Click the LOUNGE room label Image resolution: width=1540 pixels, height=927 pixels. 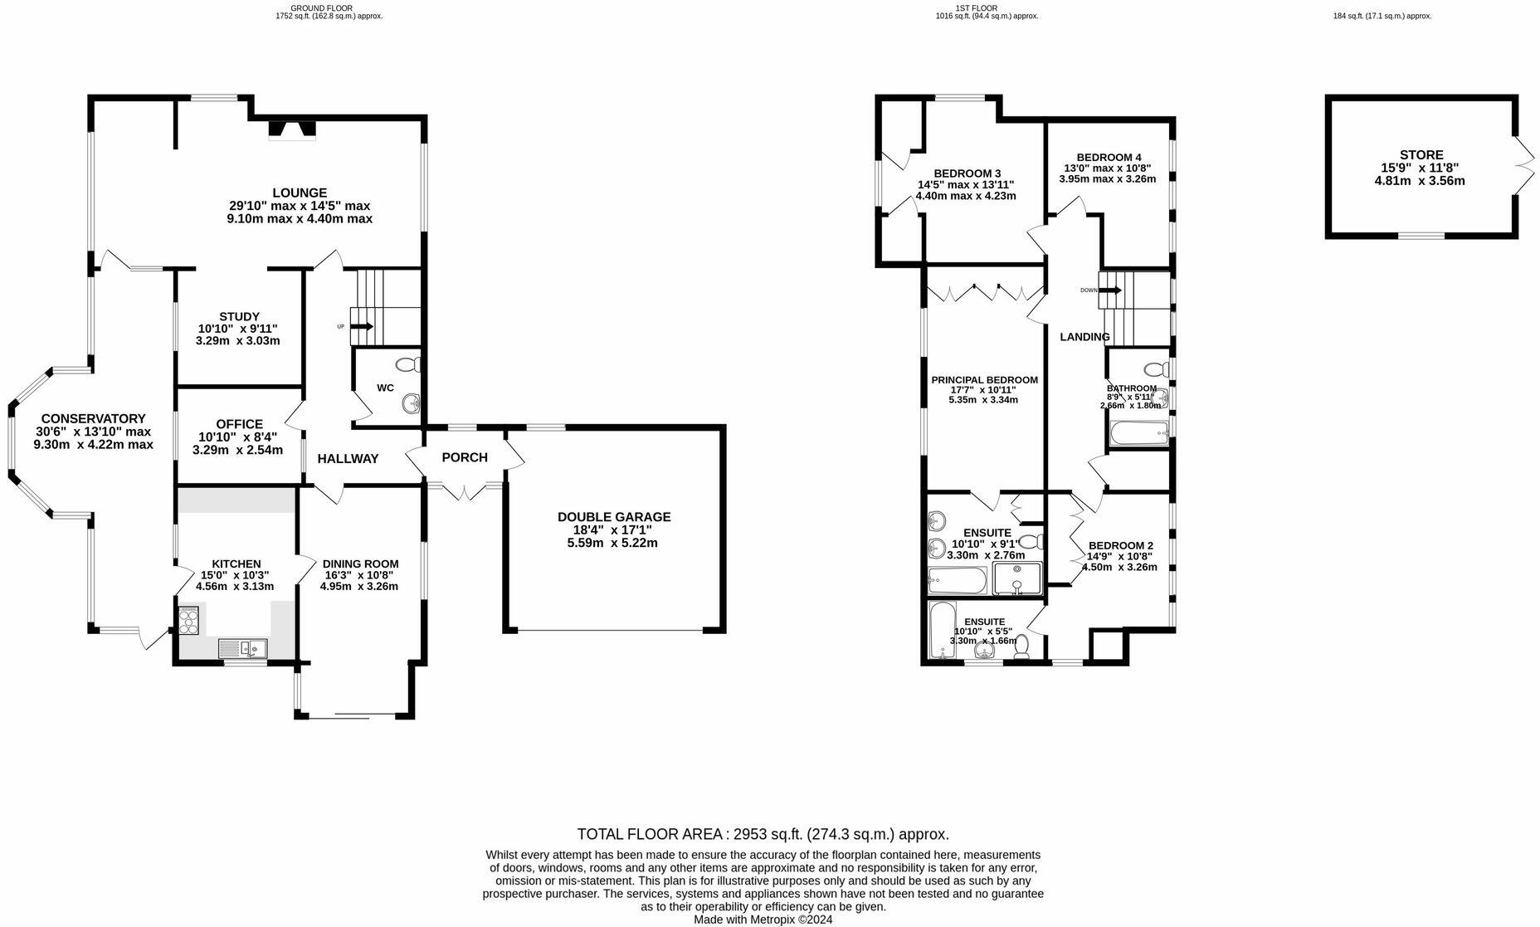(x=300, y=193)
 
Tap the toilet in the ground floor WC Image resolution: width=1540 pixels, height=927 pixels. (x=408, y=364)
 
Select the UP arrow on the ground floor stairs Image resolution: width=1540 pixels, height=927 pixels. (x=362, y=327)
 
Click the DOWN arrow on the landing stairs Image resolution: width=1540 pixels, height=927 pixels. (x=1111, y=290)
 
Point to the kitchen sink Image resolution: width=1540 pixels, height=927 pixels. (x=242, y=648)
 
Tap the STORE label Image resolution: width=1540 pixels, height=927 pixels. (x=1421, y=154)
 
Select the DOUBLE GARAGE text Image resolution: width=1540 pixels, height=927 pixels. (x=614, y=517)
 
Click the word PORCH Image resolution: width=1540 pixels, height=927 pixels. (x=465, y=457)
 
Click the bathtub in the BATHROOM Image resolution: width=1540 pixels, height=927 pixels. (x=1138, y=432)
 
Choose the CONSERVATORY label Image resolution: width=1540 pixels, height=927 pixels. (x=93, y=419)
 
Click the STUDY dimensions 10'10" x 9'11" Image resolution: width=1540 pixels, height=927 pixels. (x=239, y=329)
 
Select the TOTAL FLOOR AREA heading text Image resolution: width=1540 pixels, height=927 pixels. (x=763, y=834)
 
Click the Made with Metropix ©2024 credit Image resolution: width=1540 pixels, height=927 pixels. (x=763, y=920)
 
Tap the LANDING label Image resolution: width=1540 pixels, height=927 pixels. (x=1084, y=337)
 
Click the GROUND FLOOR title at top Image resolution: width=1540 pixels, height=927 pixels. (x=321, y=7)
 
